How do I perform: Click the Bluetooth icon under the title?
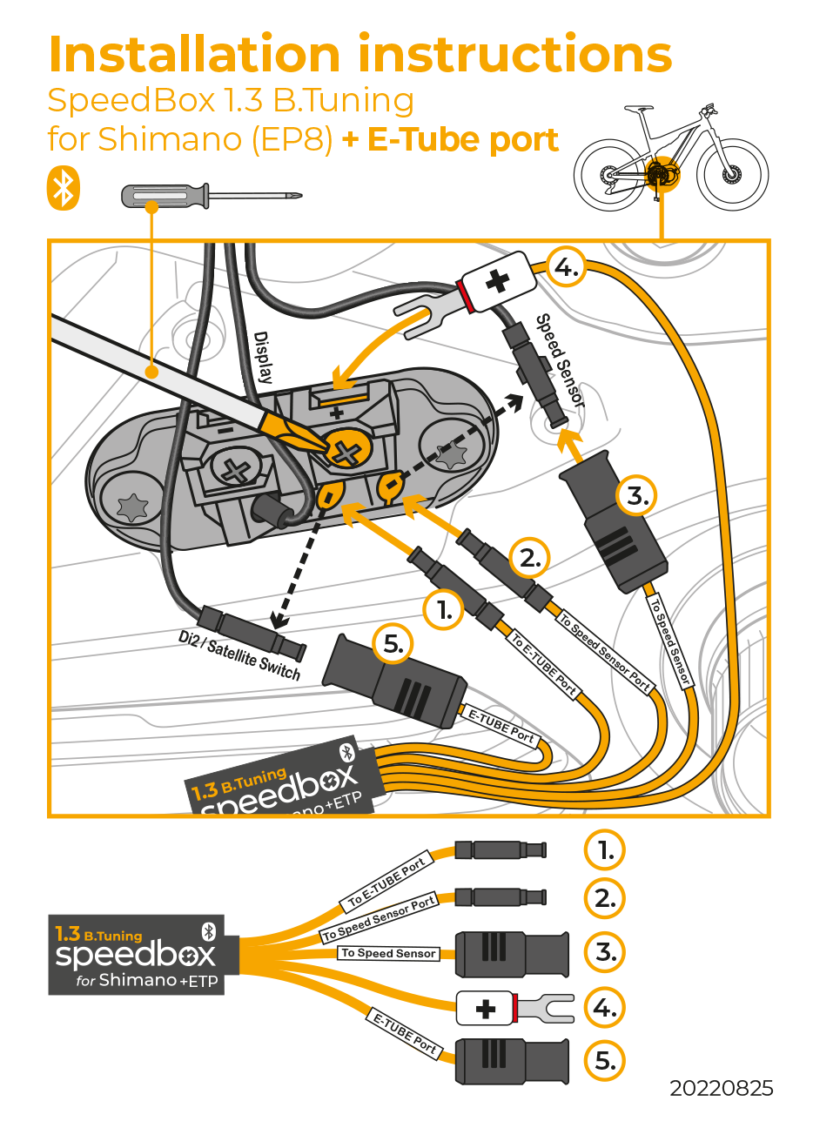[63, 189]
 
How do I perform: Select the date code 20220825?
[721, 1088]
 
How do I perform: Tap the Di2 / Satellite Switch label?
[239, 655]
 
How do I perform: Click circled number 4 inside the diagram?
[567, 268]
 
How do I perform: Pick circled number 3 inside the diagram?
[637, 497]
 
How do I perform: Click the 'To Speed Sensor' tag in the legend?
[388, 953]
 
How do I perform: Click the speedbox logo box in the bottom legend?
[143, 955]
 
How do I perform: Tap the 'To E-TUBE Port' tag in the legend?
[386, 882]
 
